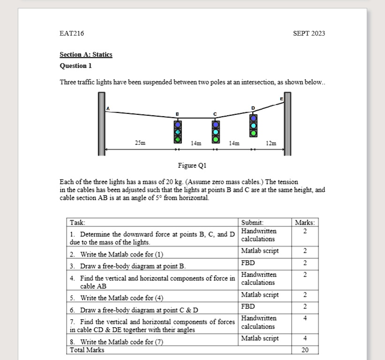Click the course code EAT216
(x=72, y=33)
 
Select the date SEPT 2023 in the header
(x=309, y=33)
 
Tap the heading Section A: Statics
(x=86, y=54)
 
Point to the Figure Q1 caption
(x=192, y=165)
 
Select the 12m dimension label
(x=271, y=142)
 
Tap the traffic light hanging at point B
(x=178, y=132)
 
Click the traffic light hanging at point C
(x=215, y=132)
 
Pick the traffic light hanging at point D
(x=253, y=125)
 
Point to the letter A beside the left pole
(x=108, y=108)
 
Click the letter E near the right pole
(x=281, y=99)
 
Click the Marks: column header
(x=305, y=223)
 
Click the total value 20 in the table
(x=305, y=350)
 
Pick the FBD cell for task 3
(x=248, y=262)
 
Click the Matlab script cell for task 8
(x=260, y=338)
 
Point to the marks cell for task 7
(x=305, y=318)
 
